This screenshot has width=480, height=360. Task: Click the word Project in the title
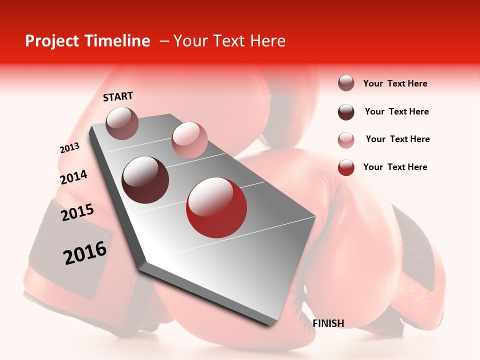click(49, 41)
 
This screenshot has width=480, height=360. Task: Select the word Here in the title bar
click(267, 41)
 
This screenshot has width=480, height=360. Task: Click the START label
click(118, 96)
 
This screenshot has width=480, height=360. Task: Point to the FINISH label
click(328, 323)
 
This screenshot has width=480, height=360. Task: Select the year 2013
click(69, 148)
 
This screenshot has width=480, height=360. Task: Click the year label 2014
click(73, 177)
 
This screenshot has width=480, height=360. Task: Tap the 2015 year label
click(77, 212)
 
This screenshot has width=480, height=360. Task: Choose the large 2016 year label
click(85, 253)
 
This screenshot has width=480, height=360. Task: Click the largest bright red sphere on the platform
click(216, 207)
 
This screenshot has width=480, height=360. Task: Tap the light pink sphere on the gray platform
click(189, 140)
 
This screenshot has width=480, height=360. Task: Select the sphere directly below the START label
click(122, 123)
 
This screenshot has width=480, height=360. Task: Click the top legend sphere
click(346, 83)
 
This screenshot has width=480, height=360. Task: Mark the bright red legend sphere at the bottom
click(346, 167)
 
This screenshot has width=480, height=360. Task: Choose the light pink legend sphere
click(346, 140)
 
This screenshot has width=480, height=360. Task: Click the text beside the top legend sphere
click(395, 84)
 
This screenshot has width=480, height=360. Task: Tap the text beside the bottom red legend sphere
click(395, 167)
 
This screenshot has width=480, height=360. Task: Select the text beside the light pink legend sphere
click(397, 139)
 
